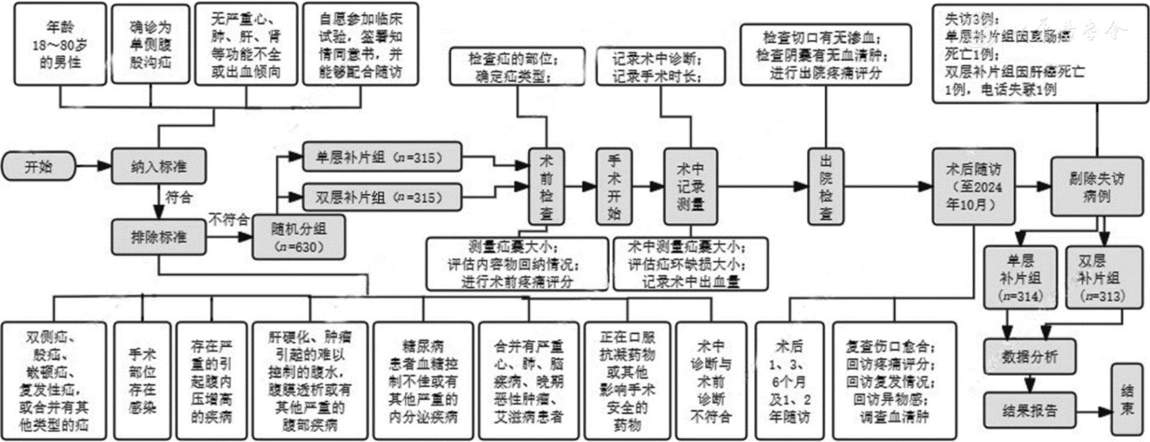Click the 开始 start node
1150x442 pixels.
pyautogui.click(x=39, y=167)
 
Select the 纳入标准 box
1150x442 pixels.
pyautogui.click(x=159, y=167)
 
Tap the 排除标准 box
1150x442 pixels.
pyautogui.click(x=159, y=237)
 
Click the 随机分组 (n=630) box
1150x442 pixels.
pyautogui.click(x=299, y=237)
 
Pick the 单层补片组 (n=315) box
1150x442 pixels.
pyautogui.click(x=381, y=158)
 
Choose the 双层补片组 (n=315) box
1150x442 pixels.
pyautogui.click(x=381, y=197)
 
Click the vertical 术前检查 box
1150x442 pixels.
pyautogui.click(x=546, y=186)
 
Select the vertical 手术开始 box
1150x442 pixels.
pyautogui.click(x=614, y=186)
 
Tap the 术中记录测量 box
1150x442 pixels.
pyautogui.click(x=690, y=186)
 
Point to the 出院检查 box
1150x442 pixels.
pyautogui.click(x=825, y=186)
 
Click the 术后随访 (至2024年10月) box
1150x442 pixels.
pyautogui.click(x=974, y=186)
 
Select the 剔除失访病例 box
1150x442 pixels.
pyautogui.click(x=1096, y=186)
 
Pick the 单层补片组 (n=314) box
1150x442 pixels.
pyautogui.click(x=1020, y=277)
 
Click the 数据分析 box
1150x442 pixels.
pyautogui.click(x=1030, y=356)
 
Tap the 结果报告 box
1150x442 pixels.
pyautogui.click(x=1030, y=410)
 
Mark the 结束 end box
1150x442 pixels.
pyautogui.click(x=1127, y=400)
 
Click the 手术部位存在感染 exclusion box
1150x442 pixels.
pyautogui.click(x=142, y=381)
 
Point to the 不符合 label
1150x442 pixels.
pyautogui.click(x=228, y=220)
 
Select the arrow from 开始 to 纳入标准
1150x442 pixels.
pyautogui.click(x=94, y=167)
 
